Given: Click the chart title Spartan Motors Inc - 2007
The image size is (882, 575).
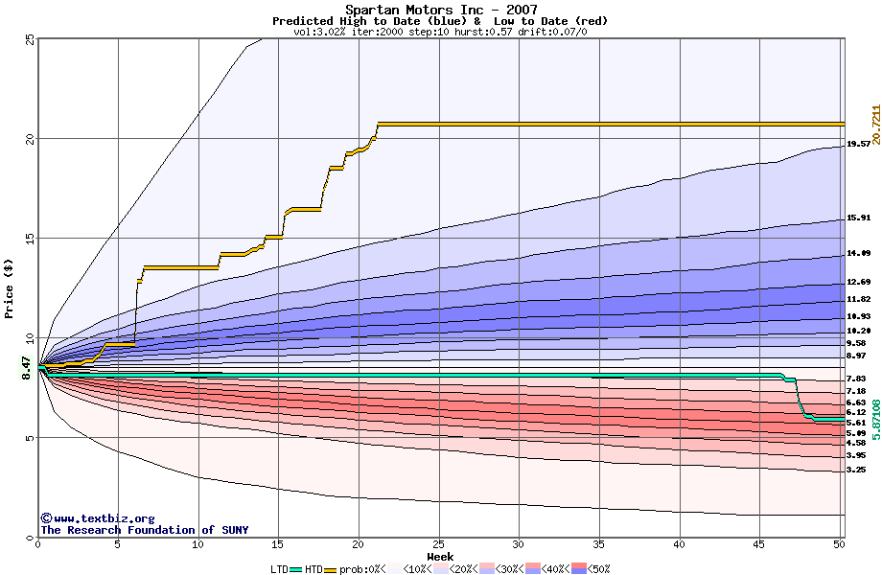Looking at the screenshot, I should coord(440,10).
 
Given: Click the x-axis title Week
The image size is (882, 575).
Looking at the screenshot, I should coord(440,556).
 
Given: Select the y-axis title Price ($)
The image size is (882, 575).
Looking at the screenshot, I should coord(9,287).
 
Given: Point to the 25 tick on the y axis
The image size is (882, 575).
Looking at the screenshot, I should coord(29,39).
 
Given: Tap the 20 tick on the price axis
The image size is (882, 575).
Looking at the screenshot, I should coord(29,139).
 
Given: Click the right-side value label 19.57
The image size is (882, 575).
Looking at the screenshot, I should coord(858,144).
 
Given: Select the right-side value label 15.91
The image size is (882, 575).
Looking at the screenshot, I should coord(858,218).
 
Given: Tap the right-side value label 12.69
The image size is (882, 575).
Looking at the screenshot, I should coord(858,282).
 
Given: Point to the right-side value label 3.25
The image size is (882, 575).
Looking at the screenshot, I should coord(856,470).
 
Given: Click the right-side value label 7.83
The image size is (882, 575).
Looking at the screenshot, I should coord(856,379).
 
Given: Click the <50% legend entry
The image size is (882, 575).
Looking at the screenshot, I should coord(592,569).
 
